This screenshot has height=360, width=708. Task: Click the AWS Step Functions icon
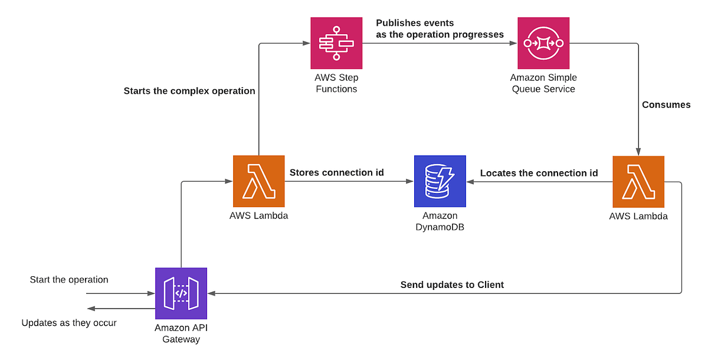(336, 42)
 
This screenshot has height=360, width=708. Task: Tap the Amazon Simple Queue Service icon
(543, 42)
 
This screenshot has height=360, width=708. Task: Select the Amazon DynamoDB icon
(440, 181)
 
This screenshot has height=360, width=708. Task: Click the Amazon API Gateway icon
(181, 293)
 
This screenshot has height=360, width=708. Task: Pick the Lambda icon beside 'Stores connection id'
(258, 181)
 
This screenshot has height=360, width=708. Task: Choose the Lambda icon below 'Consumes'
(638, 182)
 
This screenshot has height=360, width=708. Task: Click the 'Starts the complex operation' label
(189, 91)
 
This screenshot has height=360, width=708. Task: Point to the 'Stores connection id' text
(336, 172)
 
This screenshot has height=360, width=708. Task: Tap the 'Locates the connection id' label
(539, 173)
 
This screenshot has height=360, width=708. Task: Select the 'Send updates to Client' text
(452, 284)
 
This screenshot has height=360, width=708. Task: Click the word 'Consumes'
(666, 104)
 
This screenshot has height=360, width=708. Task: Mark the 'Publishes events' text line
(415, 23)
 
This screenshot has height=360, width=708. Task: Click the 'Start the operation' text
(69, 279)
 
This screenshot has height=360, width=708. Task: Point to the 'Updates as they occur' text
(69, 323)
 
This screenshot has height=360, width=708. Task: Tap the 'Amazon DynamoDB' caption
(440, 222)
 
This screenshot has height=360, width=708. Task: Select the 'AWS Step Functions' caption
(336, 83)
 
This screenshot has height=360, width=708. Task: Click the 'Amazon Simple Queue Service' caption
(543, 83)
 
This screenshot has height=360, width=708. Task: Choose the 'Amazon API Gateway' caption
(181, 333)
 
